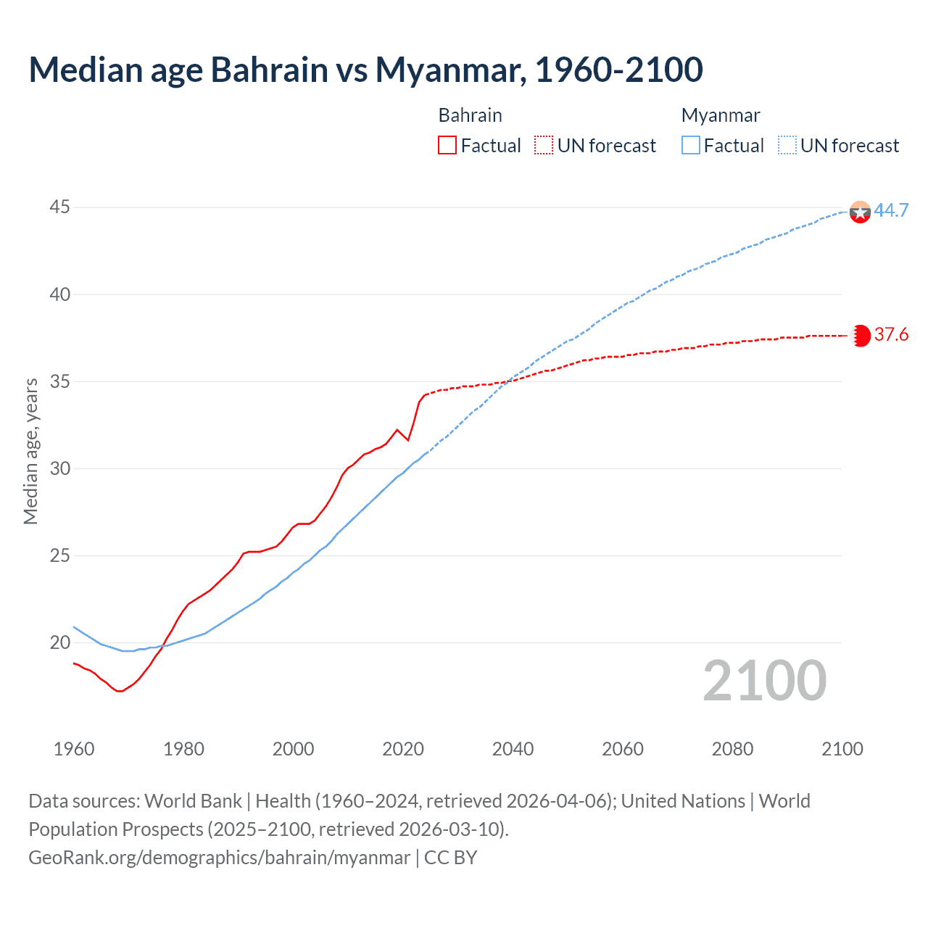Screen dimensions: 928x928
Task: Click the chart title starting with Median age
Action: pos(365,70)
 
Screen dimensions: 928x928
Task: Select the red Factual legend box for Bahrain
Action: pos(447,146)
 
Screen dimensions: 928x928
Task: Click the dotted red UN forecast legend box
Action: pos(544,146)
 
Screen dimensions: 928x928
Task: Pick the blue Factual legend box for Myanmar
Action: pos(691,146)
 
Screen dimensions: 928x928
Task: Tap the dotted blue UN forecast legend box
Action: pos(787,146)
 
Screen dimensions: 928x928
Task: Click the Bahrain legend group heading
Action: pos(470,115)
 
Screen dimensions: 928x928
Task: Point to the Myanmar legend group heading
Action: pos(721,115)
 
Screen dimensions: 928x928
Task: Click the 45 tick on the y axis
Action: pos(59,207)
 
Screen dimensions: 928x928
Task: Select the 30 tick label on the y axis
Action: pos(59,468)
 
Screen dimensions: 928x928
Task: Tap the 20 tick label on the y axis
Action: pos(59,642)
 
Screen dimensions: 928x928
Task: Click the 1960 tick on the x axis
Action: pos(74,749)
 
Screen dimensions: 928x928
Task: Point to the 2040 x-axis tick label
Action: pos(513,749)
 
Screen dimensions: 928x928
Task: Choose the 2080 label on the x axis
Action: pos(732,749)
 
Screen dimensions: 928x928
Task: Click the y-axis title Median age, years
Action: pos(30,451)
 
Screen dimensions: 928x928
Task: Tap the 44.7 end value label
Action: pos(891,210)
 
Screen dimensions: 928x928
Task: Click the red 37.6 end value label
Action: pos(891,334)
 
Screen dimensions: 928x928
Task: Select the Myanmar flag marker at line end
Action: pos(860,212)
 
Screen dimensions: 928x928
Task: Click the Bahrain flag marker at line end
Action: pos(860,336)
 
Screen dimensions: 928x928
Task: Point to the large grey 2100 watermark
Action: pos(765,680)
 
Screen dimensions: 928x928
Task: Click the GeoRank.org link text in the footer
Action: pos(219,858)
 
